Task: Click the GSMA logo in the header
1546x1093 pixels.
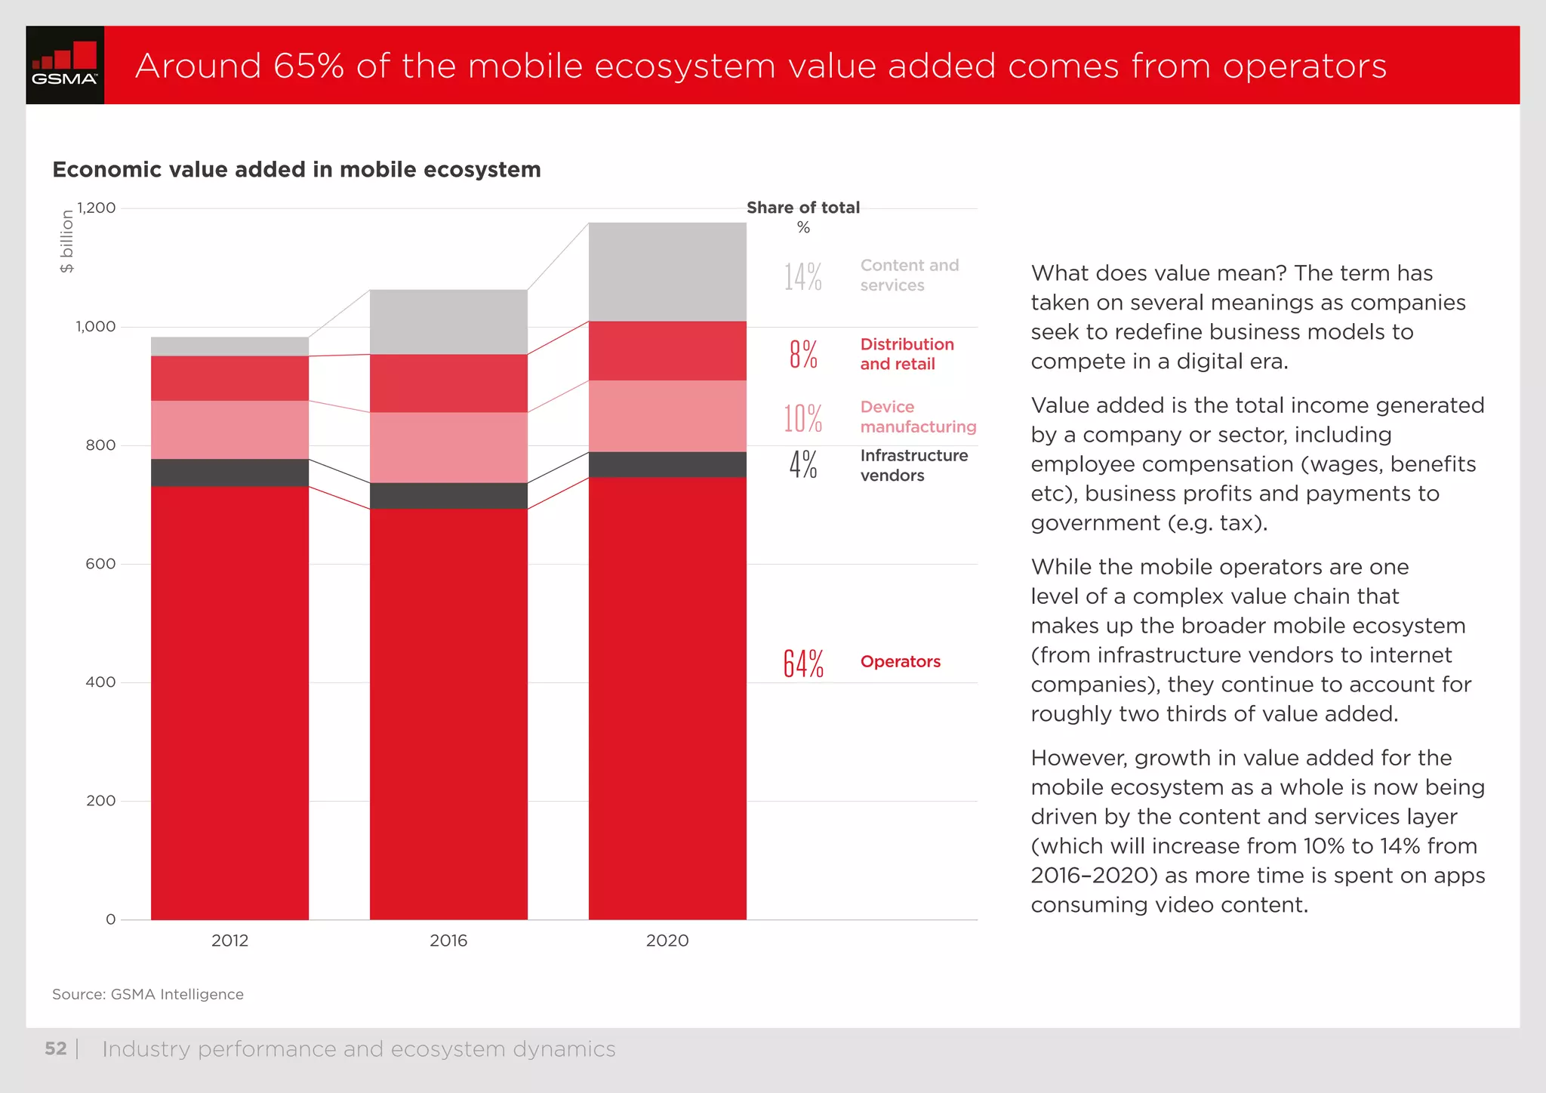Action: point(65,65)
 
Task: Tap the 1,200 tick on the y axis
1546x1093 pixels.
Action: point(96,208)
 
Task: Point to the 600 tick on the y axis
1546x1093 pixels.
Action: point(100,564)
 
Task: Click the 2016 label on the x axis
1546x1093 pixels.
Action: point(448,941)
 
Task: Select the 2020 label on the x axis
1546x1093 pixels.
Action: point(667,941)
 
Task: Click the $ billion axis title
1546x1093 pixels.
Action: point(67,242)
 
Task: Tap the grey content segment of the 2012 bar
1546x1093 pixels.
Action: point(229,346)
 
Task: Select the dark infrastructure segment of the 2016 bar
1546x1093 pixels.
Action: point(448,496)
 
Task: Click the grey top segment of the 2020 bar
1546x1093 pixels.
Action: point(667,272)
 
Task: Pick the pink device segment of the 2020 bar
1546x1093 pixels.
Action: point(667,416)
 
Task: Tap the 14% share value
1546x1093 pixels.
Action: point(802,277)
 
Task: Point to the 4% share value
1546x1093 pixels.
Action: point(803,465)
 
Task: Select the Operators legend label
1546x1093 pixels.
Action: point(900,662)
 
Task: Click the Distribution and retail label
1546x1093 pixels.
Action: point(907,354)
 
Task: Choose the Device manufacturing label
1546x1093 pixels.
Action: point(918,417)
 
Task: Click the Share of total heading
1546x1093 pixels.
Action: point(803,208)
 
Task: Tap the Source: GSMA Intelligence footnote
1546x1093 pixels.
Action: point(148,995)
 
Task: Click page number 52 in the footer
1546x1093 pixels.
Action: point(56,1048)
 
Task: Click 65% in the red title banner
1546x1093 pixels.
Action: point(309,66)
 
